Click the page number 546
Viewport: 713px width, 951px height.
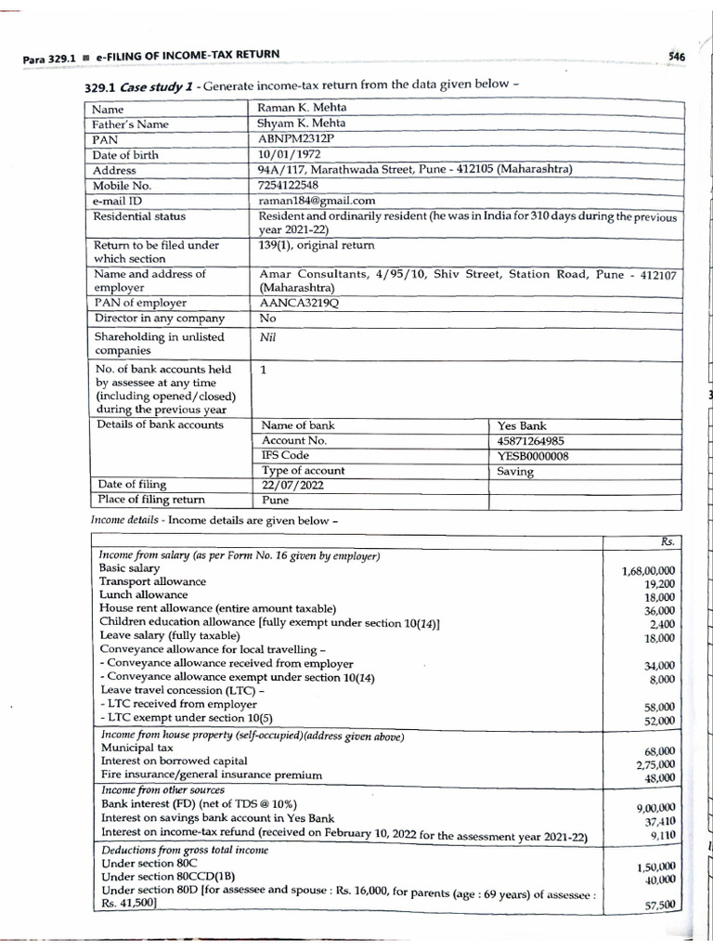(x=677, y=57)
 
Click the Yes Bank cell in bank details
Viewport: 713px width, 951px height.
(x=522, y=425)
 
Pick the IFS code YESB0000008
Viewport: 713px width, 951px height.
(x=534, y=456)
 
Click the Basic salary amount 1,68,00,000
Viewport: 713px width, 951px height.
(x=648, y=571)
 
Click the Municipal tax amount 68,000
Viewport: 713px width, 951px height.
(x=659, y=751)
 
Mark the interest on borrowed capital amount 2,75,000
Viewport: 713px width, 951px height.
(x=655, y=765)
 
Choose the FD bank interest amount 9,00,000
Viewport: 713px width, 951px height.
(x=655, y=808)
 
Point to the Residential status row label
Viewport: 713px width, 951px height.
(x=139, y=216)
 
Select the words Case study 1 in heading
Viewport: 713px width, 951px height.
(x=158, y=85)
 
